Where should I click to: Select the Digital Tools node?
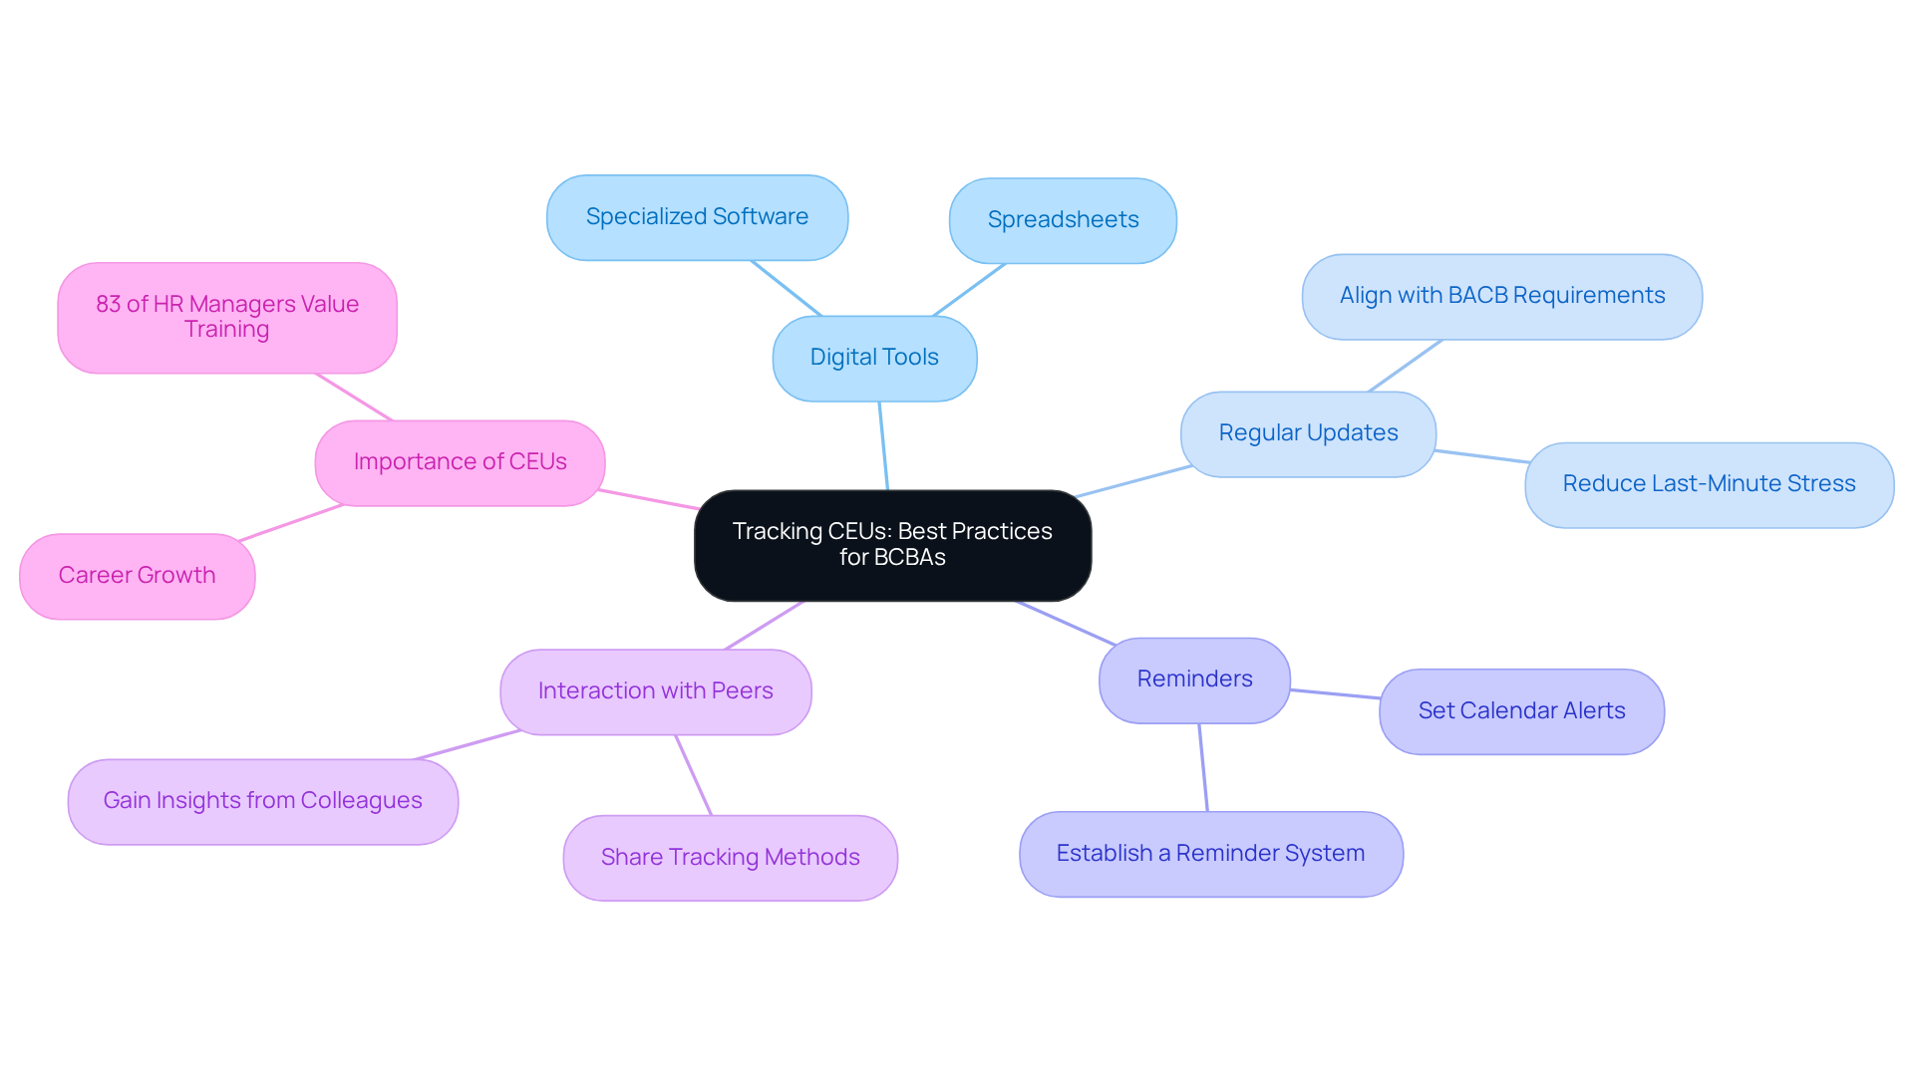(874, 358)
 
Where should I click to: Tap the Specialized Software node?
(697, 217)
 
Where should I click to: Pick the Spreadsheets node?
(1063, 220)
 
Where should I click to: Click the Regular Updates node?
(1308, 433)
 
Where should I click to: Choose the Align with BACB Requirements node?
(1501, 296)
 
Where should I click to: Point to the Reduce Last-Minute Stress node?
(1709, 484)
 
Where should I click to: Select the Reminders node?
(1194, 679)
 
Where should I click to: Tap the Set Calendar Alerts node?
(1521, 711)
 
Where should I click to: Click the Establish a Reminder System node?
(1210, 854)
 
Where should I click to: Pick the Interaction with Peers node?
(655, 691)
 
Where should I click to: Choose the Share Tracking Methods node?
(730, 858)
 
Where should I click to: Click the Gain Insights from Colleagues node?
(262, 801)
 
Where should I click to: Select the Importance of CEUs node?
(460, 462)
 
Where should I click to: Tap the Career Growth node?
(137, 576)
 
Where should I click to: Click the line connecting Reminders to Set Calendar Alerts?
(1335, 693)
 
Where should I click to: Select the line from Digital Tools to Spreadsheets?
(969, 290)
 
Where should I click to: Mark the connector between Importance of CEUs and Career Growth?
(291, 523)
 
